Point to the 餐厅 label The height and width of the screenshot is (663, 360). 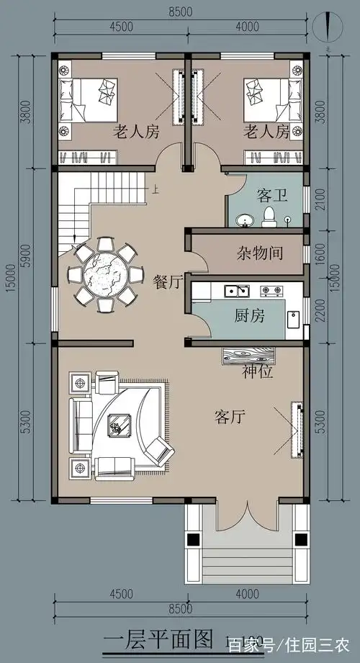pos(168,281)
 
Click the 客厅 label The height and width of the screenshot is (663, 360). pos(230,416)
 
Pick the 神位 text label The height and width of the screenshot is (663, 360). pos(256,373)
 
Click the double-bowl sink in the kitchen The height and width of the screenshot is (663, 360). pos(237,292)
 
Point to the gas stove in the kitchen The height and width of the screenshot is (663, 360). pos(271,292)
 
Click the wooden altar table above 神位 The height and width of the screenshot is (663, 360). pos(249,355)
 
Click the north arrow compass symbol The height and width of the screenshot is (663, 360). pos(328,29)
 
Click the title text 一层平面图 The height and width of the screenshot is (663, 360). pos(158,639)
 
